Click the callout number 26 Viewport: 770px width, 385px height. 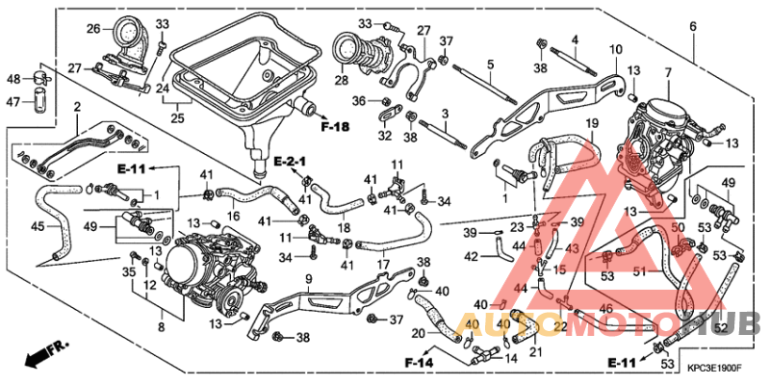click(x=93, y=29)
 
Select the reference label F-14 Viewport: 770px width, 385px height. click(x=419, y=363)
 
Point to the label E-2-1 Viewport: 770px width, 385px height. click(x=289, y=159)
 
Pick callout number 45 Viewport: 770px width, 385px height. click(x=38, y=227)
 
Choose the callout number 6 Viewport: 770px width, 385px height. click(x=693, y=26)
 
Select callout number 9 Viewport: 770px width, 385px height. click(x=308, y=279)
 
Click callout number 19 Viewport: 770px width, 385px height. click(x=593, y=123)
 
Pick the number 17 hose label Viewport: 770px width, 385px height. click(x=383, y=263)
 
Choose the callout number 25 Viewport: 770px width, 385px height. click(x=176, y=118)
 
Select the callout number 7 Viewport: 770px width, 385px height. click(x=667, y=73)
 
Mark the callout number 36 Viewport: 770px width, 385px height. click(x=358, y=100)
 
